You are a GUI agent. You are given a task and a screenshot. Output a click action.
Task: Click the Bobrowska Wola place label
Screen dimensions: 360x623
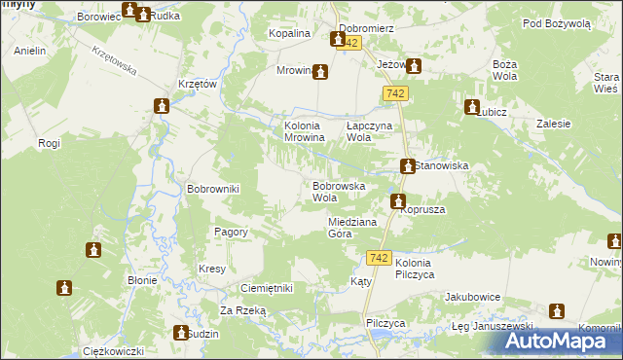pos(338,191)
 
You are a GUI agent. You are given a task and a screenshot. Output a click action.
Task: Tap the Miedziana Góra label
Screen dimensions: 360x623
pos(351,227)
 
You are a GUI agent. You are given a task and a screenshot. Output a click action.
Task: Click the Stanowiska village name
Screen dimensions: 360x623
pos(443,166)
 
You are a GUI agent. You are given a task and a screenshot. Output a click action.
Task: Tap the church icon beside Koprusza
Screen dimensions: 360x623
pos(398,201)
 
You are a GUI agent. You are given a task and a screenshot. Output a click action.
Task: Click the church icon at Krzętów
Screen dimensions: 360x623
pos(162,106)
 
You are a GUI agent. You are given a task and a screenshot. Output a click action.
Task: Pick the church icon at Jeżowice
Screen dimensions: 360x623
pos(413,66)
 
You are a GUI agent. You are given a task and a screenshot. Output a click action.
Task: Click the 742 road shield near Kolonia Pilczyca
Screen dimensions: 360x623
pos(380,258)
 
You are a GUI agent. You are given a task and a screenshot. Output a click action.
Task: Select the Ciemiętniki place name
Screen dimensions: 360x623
pos(267,289)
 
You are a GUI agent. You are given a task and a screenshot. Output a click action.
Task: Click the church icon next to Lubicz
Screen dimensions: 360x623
pos(472,107)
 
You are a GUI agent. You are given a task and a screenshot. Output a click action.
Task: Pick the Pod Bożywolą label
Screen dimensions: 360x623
pos(556,23)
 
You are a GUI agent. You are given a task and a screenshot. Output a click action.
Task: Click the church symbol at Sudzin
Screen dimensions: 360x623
pos(179,333)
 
